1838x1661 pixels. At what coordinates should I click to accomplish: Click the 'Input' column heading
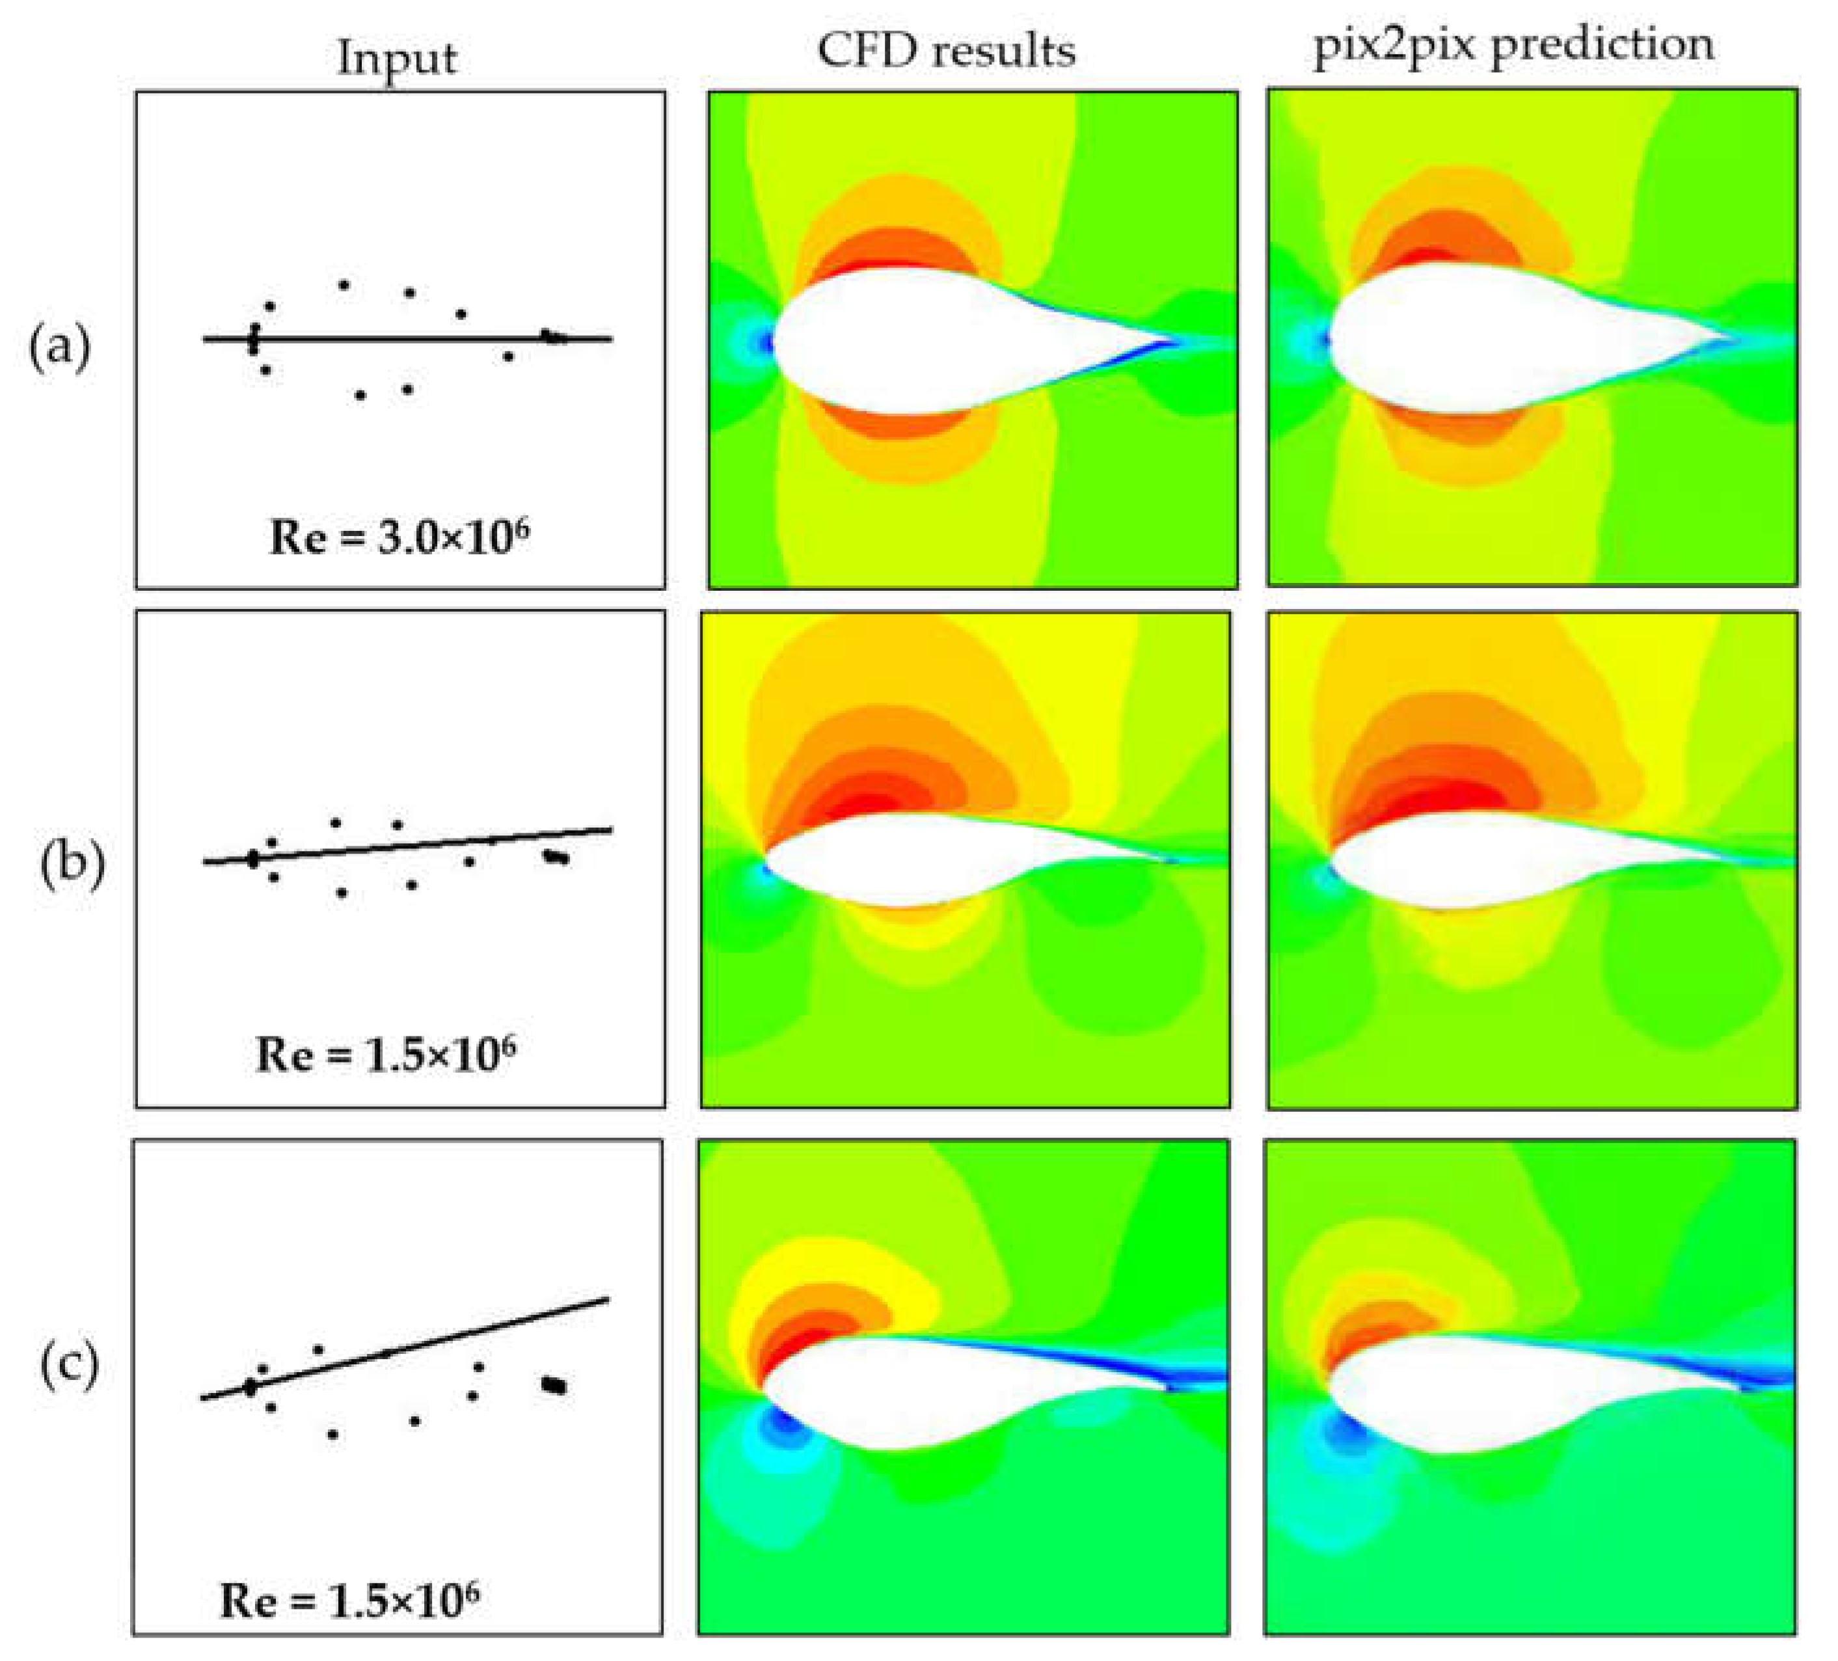pos(397,59)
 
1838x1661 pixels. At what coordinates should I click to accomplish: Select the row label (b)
pos(72,863)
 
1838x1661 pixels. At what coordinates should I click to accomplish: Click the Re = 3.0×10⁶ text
pos(399,536)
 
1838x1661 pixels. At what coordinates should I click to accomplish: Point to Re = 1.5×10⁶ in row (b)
pos(386,1054)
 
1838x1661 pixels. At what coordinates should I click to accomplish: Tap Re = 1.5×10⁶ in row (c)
pos(349,1599)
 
